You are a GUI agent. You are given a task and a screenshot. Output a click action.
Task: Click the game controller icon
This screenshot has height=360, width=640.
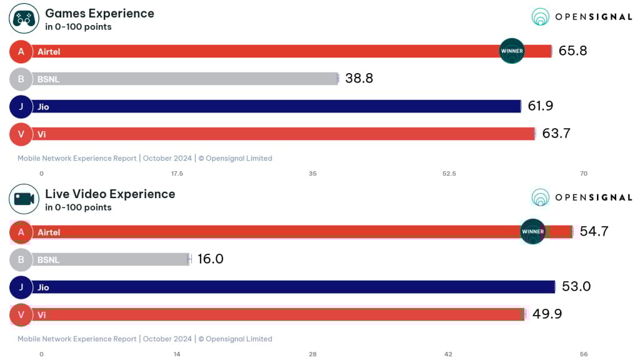24,18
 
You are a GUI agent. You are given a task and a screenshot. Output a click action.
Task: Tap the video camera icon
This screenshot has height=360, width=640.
24,199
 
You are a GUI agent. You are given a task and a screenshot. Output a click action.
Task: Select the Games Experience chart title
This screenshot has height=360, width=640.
99,13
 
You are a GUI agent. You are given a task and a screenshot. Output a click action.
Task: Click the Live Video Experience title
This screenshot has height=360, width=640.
110,194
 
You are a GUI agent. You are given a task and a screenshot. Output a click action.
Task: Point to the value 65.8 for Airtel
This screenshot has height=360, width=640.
572,51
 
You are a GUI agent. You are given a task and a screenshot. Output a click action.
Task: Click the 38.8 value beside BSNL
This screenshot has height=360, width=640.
359,79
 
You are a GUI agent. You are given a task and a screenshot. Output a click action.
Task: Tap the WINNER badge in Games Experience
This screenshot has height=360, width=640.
512,51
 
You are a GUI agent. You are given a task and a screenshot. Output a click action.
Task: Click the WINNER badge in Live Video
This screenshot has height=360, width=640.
533,231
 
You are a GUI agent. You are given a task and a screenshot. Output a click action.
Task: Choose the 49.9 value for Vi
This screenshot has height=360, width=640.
547,314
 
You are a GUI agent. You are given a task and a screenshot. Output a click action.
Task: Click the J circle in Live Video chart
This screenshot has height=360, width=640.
21,287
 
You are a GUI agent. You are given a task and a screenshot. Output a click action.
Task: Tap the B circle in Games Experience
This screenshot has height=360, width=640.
21,79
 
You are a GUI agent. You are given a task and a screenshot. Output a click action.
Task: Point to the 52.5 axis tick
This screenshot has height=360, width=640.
449,174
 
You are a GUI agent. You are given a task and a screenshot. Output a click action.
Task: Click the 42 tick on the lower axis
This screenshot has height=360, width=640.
448,354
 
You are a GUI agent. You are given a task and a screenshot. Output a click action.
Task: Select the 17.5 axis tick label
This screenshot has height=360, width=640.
177,174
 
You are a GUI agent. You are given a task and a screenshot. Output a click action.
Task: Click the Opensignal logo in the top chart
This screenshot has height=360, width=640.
581,17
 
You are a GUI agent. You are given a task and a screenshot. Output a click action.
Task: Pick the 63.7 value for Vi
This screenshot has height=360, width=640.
556,134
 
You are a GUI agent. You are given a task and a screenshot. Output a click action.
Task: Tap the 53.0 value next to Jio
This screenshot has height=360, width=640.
576,287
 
